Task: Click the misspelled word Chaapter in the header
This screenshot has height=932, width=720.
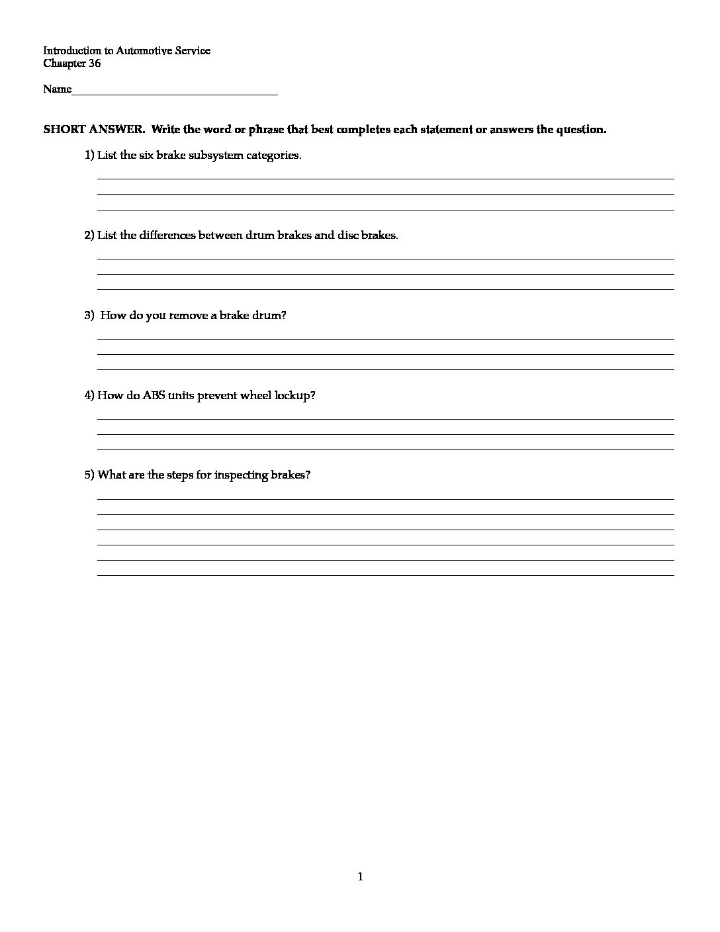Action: point(64,64)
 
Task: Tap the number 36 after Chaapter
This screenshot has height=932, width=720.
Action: point(95,64)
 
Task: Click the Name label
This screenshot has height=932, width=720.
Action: point(57,89)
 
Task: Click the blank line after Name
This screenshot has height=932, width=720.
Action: point(175,93)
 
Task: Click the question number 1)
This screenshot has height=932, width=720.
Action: point(89,156)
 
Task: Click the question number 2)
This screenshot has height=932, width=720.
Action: point(89,236)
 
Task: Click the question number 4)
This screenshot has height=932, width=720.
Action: point(89,396)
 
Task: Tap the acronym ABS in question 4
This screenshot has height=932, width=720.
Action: point(154,396)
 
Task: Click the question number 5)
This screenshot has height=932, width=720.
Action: point(89,475)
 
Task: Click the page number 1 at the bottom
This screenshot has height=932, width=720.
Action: point(360,878)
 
